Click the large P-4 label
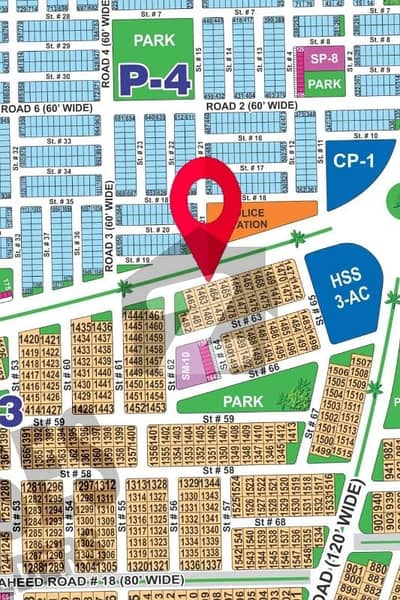(x=154, y=79)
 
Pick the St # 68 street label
(x=270, y=521)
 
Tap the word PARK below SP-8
(x=325, y=85)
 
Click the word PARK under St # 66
(x=242, y=401)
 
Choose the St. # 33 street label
(x=60, y=141)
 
